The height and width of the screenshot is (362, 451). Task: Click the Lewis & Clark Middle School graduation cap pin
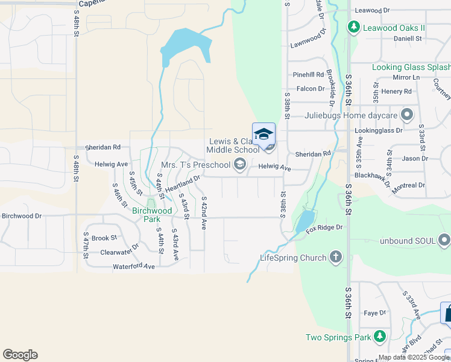263,134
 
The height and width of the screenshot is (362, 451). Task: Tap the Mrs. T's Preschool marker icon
240,164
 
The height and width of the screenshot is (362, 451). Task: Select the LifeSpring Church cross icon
336,258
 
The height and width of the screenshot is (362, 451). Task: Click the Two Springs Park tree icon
379,336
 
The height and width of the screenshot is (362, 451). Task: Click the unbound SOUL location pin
444,240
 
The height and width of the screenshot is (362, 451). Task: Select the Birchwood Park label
147,215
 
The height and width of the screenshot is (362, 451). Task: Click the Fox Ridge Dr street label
324,228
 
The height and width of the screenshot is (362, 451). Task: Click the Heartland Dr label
182,184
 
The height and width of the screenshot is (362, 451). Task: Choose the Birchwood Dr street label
21,215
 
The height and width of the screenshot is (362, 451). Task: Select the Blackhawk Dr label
373,174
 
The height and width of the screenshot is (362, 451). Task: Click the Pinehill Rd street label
308,75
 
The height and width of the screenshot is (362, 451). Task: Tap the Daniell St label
408,38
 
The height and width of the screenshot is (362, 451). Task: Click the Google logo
20,355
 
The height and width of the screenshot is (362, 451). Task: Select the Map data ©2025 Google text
414,357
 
